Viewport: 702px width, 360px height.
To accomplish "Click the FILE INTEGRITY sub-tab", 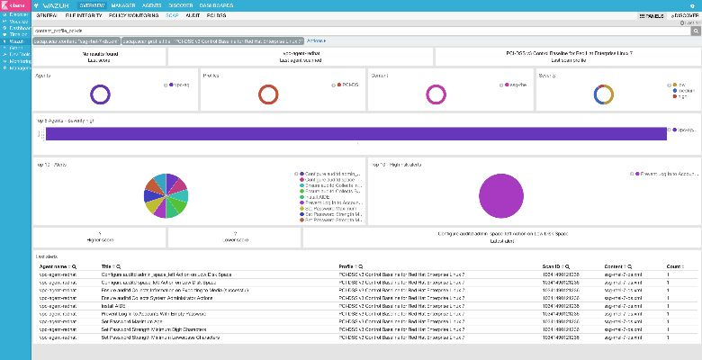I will coord(83,16).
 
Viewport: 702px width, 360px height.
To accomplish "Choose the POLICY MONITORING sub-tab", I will coord(136,16).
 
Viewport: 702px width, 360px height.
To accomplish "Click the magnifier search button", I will coord(696,30).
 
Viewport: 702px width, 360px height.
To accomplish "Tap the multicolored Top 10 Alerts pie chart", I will coord(166,193).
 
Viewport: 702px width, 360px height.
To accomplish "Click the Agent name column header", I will coord(56,266).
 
